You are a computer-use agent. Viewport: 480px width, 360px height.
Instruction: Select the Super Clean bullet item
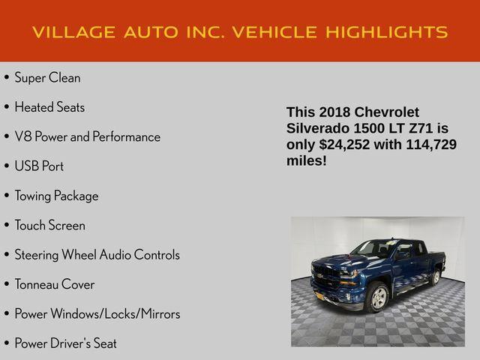click(x=47, y=78)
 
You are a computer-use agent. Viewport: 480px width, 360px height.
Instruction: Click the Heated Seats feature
click(x=49, y=107)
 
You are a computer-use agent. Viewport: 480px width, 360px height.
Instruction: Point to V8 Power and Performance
click(x=87, y=136)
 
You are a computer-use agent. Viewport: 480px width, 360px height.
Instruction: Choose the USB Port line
click(x=39, y=166)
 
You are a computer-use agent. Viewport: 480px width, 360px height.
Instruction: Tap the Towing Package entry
click(x=56, y=196)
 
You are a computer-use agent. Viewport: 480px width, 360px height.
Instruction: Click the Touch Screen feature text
click(x=49, y=225)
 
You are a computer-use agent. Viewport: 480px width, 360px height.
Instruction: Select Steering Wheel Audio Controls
click(x=97, y=255)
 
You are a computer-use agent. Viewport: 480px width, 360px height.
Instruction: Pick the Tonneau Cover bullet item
click(x=55, y=284)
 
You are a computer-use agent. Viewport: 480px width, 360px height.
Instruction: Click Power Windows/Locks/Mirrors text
click(x=97, y=313)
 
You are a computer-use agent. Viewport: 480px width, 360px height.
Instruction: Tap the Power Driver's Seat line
click(x=65, y=343)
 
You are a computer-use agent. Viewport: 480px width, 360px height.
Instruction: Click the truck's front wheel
click(x=376, y=297)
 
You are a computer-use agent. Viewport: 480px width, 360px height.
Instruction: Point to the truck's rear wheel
click(x=435, y=277)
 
